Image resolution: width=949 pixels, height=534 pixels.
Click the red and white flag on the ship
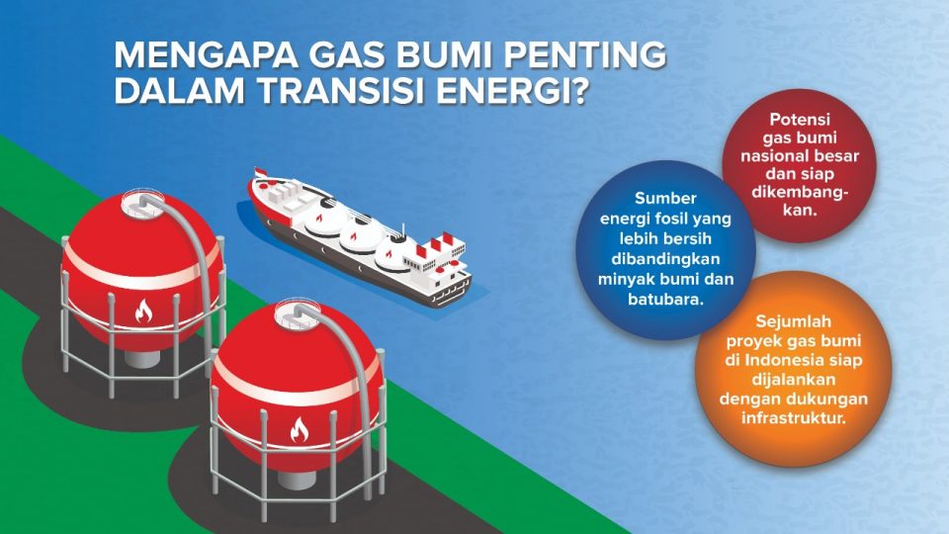(261, 175)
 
